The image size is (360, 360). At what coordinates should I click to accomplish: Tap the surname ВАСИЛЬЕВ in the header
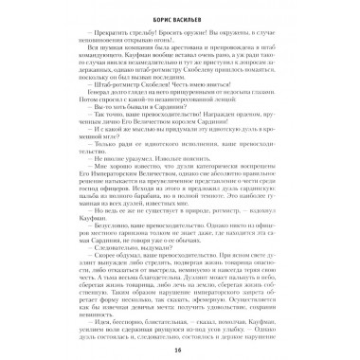coord(192,17)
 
